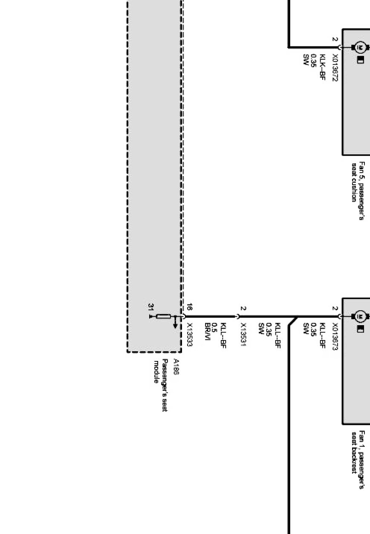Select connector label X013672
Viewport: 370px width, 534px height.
click(335, 66)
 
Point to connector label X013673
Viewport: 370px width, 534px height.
click(335, 336)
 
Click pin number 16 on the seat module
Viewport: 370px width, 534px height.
click(189, 306)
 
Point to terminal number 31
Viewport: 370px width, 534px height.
click(151, 306)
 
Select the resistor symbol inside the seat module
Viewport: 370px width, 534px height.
click(163, 316)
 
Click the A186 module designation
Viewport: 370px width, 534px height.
click(176, 367)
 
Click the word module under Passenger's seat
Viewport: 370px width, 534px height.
click(156, 371)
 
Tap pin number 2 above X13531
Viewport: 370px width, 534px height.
click(243, 308)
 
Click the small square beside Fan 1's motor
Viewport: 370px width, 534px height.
click(360, 329)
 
